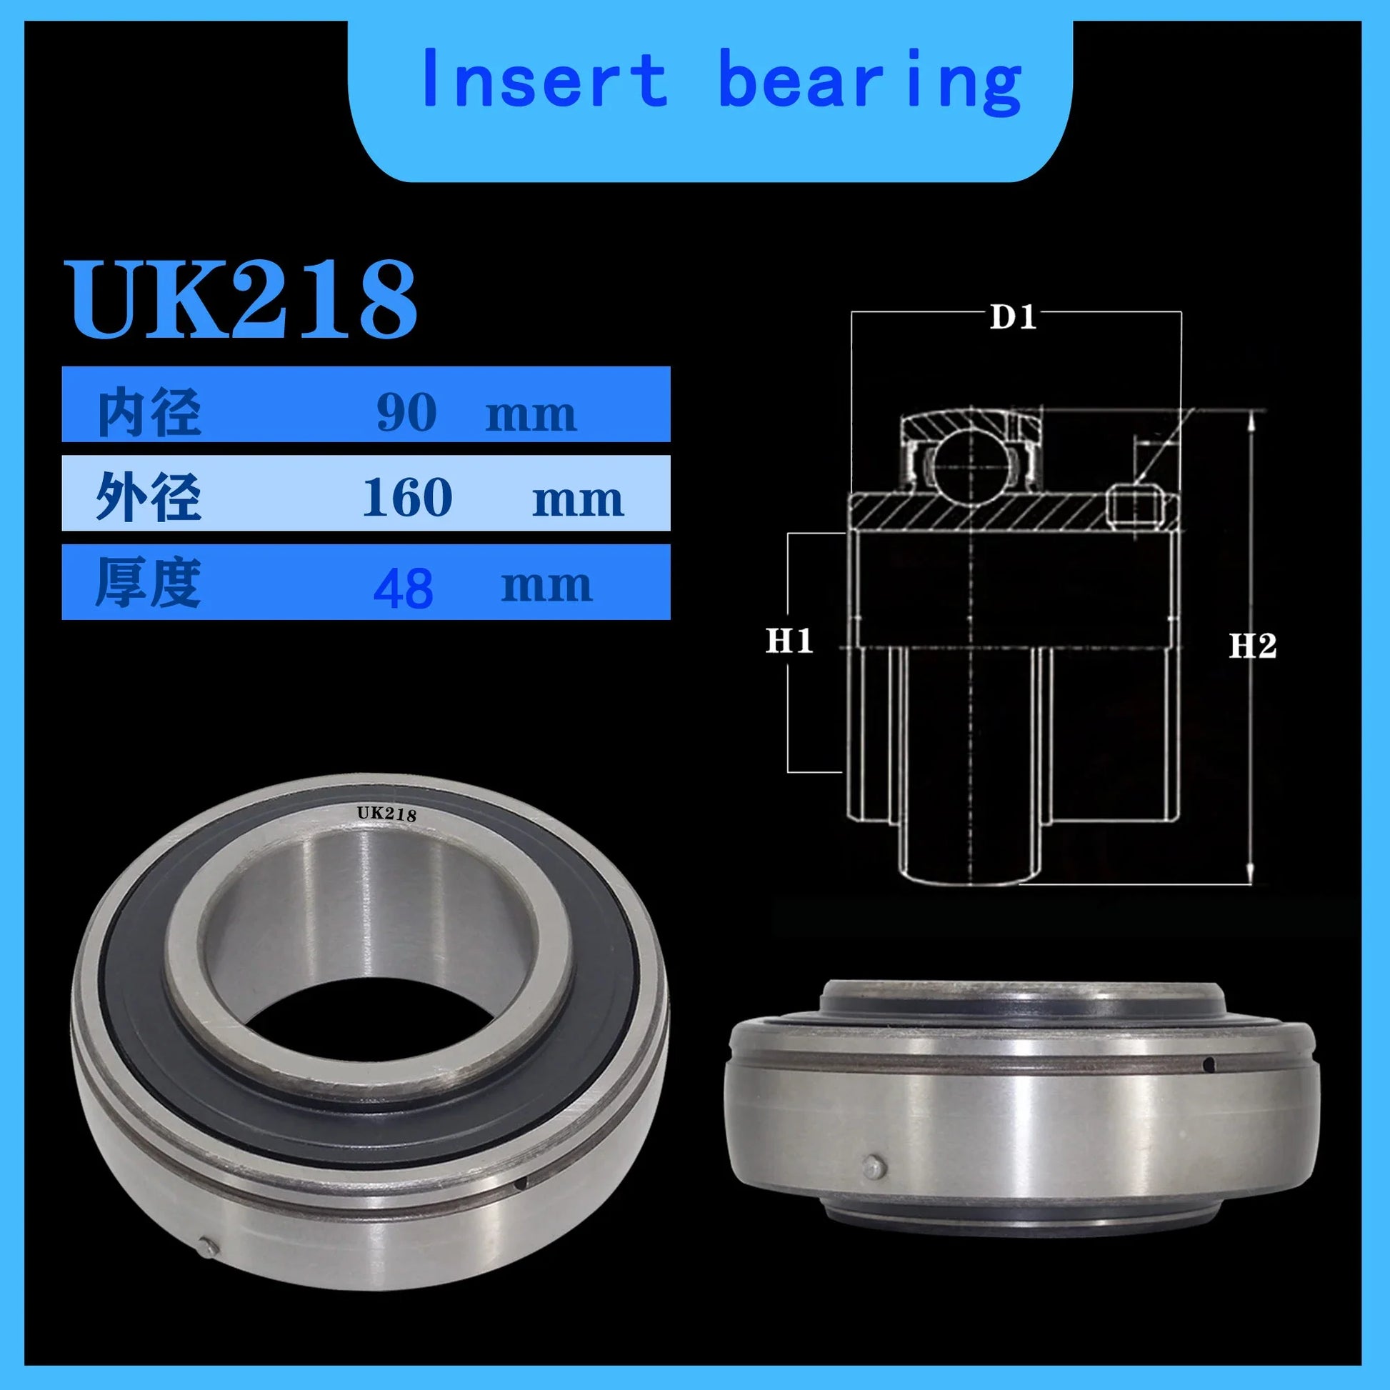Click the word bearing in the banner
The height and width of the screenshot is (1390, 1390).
(870, 83)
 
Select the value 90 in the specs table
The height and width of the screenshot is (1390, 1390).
(406, 413)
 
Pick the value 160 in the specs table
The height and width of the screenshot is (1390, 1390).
(407, 497)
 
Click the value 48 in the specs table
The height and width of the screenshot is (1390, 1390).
(404, 588)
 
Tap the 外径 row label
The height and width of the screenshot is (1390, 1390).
(148, 497)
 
